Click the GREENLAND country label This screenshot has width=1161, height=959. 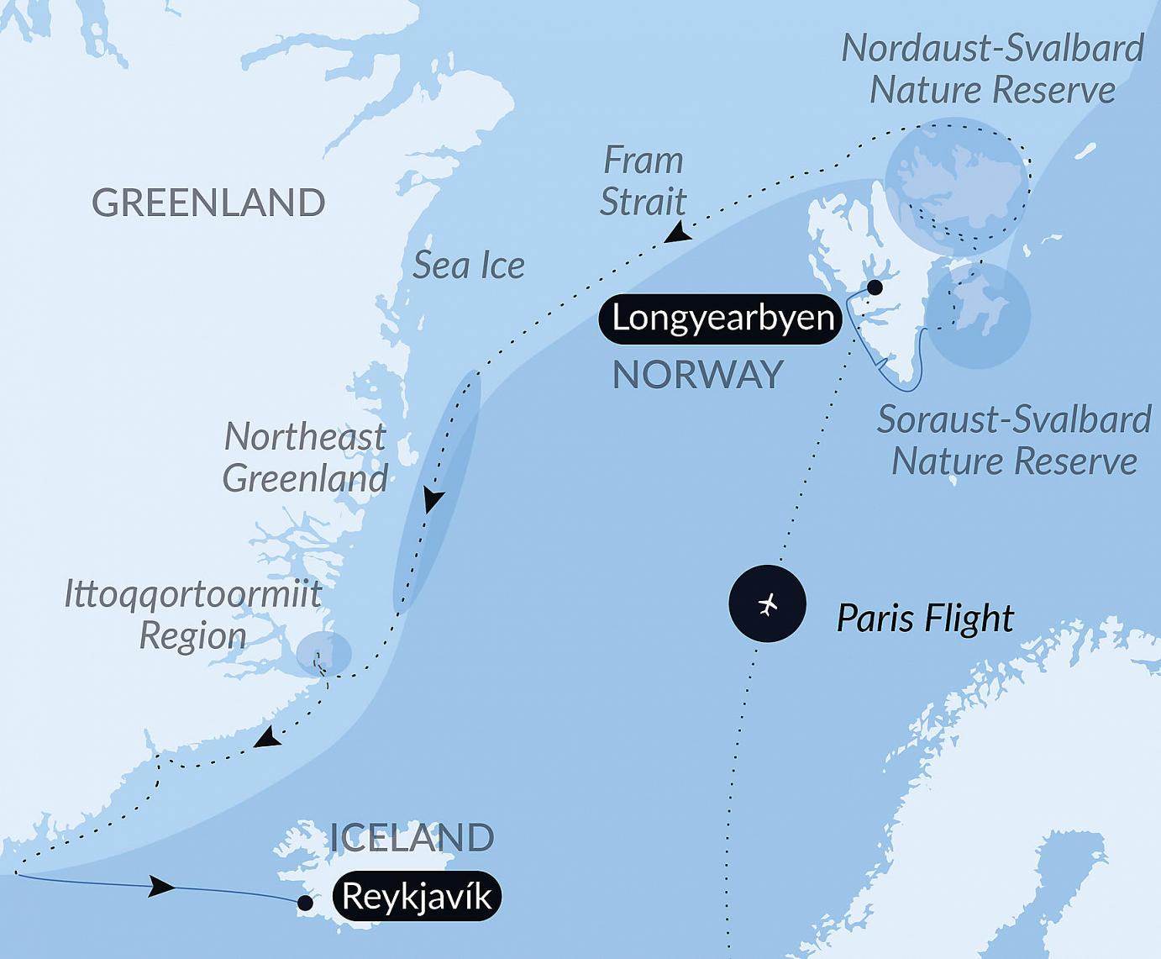click(x=208, y=203)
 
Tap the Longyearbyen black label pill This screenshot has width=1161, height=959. click(x=721, y=319)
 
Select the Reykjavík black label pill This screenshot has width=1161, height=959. click(x=418, y=897)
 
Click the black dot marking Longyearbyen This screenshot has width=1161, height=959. click(x=875, y=287)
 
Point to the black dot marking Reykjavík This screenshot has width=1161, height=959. click(x=306, y=904)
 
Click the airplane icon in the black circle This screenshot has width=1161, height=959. click(x=767, y=604)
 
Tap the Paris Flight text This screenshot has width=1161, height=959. click(x=925, y=619)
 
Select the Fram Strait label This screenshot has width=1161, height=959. click(x=644, y=181)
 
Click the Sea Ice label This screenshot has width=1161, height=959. click(x=469, y=266)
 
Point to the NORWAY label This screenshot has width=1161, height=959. click(x=697, y=375)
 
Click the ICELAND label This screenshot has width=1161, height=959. click(x=412, y=838)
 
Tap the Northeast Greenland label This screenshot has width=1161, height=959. click(x=305, y=458)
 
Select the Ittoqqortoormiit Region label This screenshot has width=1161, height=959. click(x=193, y=614)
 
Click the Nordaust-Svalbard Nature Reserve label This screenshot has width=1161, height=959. click(x=992, y=69)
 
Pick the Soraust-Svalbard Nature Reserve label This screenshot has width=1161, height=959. click(x=1014, y=440)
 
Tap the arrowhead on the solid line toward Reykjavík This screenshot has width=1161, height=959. click(x=162, y=887)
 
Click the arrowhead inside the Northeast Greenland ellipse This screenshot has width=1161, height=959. click(x=433, y=501)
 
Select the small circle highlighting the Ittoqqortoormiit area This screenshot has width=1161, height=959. click(x=323, y=652)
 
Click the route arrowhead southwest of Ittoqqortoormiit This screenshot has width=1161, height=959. click(x=269, y=739)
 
